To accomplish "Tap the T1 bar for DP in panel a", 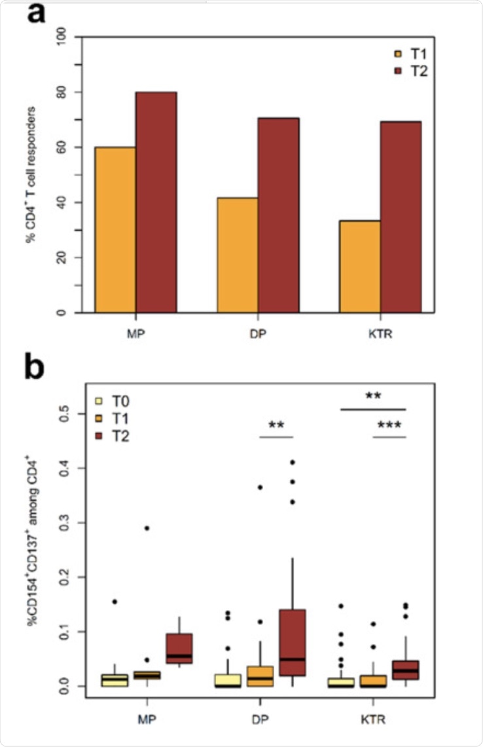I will (x=238, y=255).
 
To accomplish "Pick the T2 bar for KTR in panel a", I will (x=401, y=217).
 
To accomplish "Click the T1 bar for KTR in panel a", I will (x=360, y=266).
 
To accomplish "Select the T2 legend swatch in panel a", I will (x=397, y=71).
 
